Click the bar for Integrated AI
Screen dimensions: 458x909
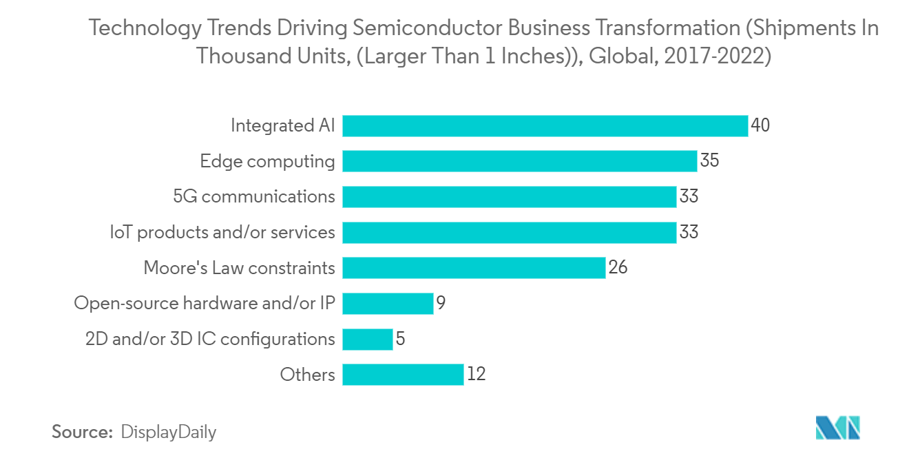545,126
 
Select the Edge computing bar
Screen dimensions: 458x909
519,161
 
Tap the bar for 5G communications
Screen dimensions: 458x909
509,197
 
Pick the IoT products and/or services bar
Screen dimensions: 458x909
509,232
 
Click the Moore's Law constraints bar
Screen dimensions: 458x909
474,268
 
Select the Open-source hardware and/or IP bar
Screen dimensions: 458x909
388,303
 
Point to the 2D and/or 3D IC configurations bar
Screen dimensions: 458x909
367,339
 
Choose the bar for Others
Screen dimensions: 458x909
403,375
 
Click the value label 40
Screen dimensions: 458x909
760,126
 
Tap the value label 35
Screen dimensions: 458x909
709,161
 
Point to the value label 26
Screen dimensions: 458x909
618,268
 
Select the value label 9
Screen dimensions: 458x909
441,303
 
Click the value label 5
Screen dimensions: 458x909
400,339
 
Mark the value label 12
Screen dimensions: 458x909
477,375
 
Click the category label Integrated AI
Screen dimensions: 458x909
282,126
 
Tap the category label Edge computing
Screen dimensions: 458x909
267,161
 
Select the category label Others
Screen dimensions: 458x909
307,375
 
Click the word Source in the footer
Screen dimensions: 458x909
82,433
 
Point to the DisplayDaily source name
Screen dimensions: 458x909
168,433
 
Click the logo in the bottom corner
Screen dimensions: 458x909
838,428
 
